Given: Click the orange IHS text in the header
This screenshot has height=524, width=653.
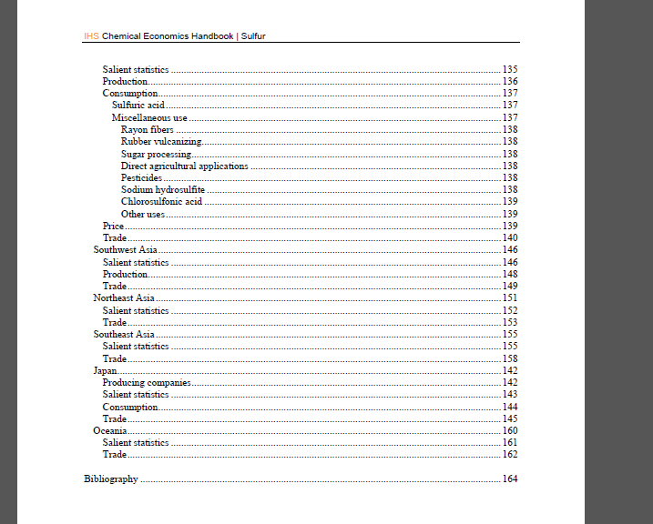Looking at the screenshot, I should point(91,36).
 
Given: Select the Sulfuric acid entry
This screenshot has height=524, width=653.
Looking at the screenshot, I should point(138,106).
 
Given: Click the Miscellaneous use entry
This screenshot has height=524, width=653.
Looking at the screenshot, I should point(149,117).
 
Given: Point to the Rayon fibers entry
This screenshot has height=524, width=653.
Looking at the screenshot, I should point(147,130).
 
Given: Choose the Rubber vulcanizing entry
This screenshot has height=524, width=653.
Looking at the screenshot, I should point(161,142).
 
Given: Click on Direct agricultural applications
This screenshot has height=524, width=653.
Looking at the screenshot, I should point(184,166).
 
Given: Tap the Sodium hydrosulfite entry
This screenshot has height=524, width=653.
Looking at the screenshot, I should point(163,189).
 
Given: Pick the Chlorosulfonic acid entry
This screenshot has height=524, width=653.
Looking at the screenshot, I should point(161,201).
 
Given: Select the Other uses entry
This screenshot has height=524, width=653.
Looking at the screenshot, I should point(143,214).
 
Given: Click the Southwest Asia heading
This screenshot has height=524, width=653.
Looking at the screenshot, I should point(126,249).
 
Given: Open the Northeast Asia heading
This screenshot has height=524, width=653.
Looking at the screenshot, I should point(124,297).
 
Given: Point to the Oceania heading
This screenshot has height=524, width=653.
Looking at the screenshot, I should point(109,430).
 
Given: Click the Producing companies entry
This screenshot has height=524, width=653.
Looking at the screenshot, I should point(147,383).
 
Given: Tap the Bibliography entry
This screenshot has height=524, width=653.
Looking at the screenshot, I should point(110,479).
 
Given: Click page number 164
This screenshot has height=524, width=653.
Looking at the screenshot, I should point(510,479).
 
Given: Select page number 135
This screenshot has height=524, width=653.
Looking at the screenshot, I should point(510,70).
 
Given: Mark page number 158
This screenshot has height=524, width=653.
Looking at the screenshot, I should point(510,358).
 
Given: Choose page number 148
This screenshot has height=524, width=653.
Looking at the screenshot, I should point(510,274).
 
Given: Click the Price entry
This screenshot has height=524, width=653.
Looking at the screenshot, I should point(113,226).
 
